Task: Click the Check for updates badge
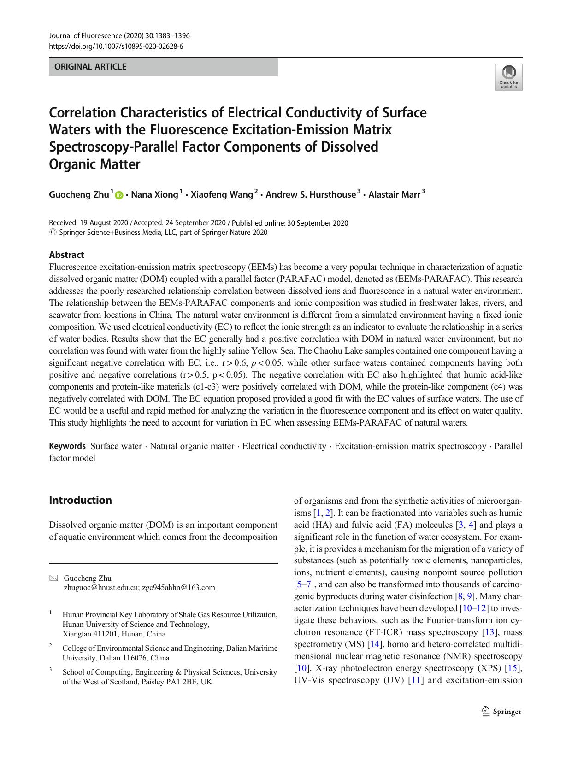coord(509,77)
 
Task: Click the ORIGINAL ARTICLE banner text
coord(90,67)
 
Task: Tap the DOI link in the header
coord(116,46)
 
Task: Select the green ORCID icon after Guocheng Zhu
coord(119,195)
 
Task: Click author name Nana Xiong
coord(154,195)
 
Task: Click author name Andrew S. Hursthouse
coord(311,194)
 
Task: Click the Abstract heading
coord(66,255)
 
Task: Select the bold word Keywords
coord(67,446)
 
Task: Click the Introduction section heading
coord(80,500)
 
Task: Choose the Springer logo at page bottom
coord(501,712)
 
